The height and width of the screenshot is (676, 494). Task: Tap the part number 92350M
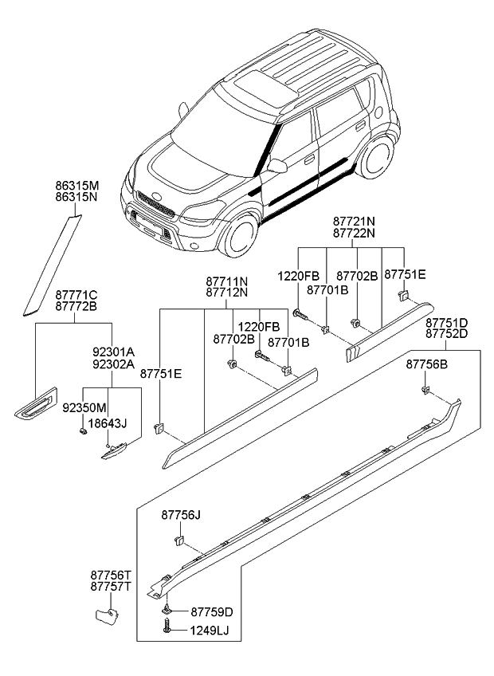click(84, 407)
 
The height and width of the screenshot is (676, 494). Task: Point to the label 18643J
click(108, 422)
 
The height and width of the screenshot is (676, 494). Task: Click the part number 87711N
click(226, 281)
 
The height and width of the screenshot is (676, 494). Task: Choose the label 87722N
click(355, 234)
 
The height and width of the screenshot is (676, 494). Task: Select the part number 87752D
click(446, 334)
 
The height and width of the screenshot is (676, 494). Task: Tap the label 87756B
click(426, 364)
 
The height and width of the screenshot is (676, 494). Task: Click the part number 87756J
click(181, 515)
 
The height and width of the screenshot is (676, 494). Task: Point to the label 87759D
click(212, 612)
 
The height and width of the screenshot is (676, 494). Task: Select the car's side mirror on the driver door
click(276, 166)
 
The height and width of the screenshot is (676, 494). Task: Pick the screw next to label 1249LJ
click(167, 630)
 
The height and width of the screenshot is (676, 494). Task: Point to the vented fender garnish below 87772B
click(37, 403)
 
